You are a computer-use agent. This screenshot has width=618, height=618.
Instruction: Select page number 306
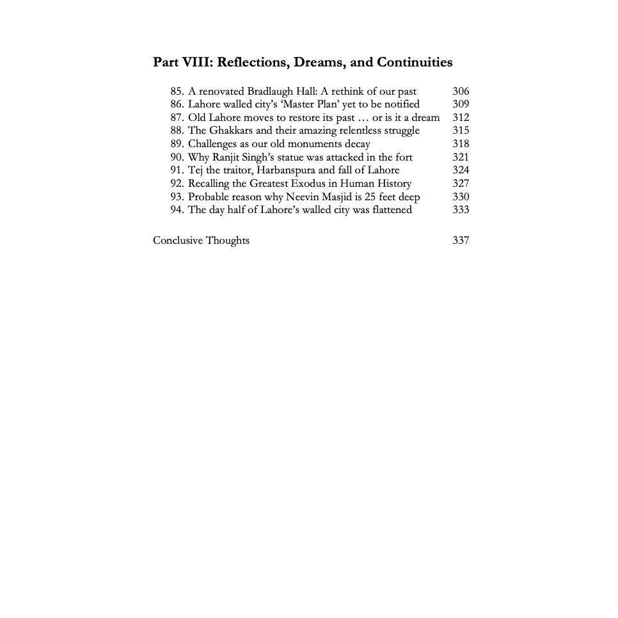pos(460,91)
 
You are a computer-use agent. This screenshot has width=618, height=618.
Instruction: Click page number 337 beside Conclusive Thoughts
pos(460,241)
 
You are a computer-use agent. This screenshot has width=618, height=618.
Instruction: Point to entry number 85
pos(177,91)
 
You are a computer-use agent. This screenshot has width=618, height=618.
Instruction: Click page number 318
pos(460,144)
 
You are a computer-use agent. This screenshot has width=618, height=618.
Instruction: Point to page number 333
pos(460,210)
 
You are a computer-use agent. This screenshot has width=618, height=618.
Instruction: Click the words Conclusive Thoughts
pos(201,241)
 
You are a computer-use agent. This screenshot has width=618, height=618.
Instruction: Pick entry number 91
pos(177,170)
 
